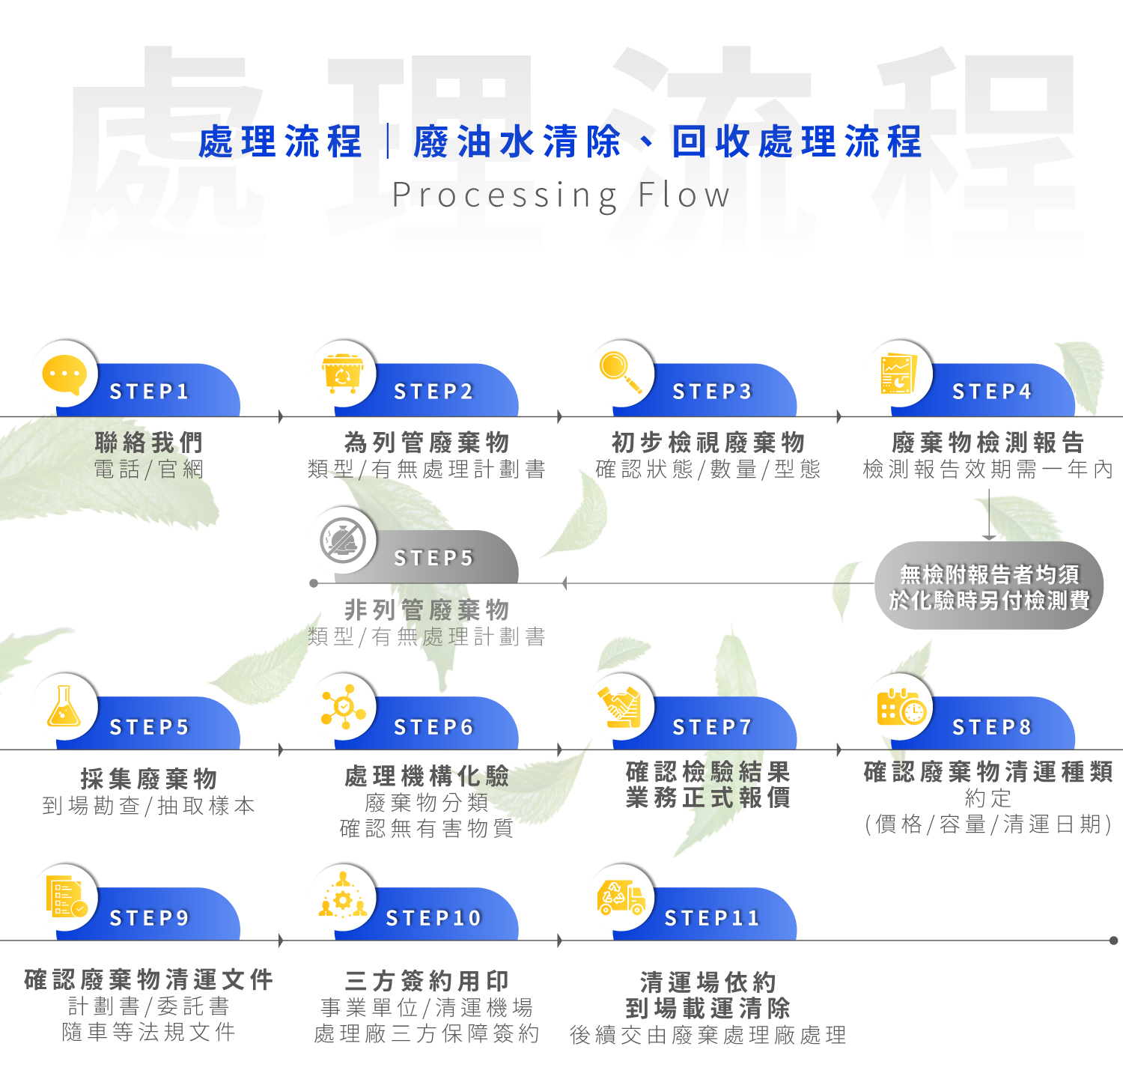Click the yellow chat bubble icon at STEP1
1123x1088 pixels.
pyautogui.click(x=64, y=374)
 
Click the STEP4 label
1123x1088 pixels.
pyautogui.click(x=991, y=392)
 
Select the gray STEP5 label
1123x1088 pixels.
pyautogui.click(x=433, y=559)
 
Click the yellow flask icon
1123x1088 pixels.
pyautogui.click(x=64, y=706)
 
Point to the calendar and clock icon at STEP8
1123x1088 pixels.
pyautogui.click(x=901, y=707)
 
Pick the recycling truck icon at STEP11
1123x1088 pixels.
pyautogui.click(x=621, y=897)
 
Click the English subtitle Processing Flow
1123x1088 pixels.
pyautogui.click(x=561, y=195)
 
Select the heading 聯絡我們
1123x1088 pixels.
pyautogui.click(x=149, y=443)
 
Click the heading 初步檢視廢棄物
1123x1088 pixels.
pyautogui.click(x=707, y=443)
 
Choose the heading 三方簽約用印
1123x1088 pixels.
pyautogui.click(x=427, y=981)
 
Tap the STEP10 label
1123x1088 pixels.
pyautogui.click(x=433, y=918)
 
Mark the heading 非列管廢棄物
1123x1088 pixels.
pyautogui.click(x=427, y=610)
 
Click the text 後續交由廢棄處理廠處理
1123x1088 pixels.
pyautogui.click(x=707, y=1036)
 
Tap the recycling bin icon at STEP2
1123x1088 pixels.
pyautogui.click(x=342, y=374)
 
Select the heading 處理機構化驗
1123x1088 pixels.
pyautogui.click(x=427, y=777)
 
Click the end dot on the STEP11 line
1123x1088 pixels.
pyautogui.click(x=1113, y=940)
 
